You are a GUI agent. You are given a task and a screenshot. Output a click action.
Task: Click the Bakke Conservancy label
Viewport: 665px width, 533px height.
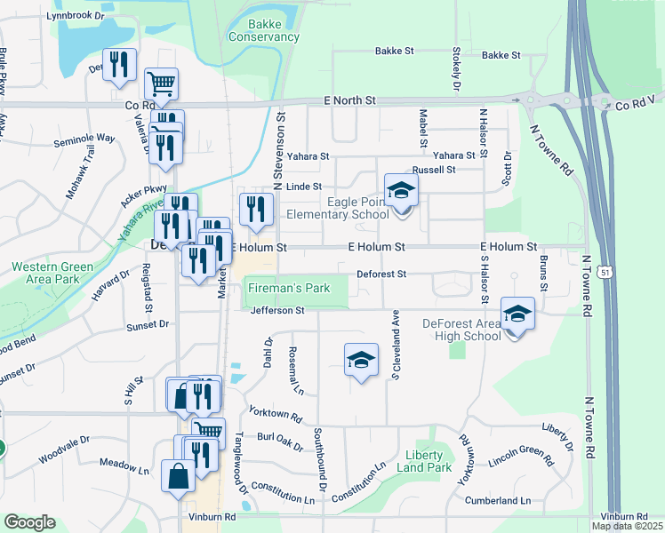click(263, 30)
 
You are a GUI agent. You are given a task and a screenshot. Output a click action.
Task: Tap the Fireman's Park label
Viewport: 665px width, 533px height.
click(288, 288)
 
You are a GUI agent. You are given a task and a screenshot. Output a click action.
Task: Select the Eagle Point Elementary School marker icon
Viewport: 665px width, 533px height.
click(401, 189)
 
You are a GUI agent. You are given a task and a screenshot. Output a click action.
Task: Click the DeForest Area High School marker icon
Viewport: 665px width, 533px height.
click(517, 314)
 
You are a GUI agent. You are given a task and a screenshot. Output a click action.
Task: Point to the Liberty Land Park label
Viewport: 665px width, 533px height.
click(423, 461)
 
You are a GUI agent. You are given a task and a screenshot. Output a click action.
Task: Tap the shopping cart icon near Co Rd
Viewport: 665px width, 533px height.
click(161, 84)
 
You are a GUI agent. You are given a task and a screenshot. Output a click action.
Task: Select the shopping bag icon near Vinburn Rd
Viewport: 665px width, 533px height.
click(179, 476)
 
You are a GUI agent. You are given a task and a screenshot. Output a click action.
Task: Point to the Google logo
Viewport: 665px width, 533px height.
click(29, 522)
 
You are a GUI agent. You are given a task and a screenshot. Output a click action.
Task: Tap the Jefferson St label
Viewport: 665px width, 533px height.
click(277, 311)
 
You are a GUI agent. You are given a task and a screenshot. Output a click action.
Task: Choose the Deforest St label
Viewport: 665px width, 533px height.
click(381, 274)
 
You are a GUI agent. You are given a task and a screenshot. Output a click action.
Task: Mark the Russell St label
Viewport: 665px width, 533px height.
click(433, 169)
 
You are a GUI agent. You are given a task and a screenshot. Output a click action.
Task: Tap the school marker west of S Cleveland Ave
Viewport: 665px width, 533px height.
click(360, 360)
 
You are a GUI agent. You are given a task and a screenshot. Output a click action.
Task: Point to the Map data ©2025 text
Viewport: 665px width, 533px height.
click(628, 527)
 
